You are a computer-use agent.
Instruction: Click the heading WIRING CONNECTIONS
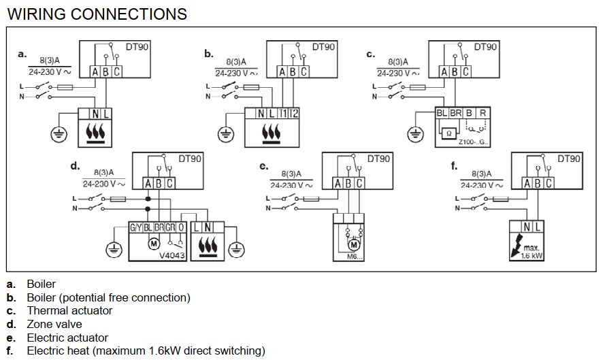(97, 14)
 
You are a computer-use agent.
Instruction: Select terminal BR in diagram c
(456, 113)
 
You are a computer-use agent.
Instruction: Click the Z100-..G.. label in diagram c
(474, 142)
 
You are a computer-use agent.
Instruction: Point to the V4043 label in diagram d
(171, 255)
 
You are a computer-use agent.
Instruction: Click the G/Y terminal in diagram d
(136, 228)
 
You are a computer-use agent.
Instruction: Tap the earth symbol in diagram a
(59, 135)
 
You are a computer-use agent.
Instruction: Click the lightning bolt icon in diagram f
(516, 245)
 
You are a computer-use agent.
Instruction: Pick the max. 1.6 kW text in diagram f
(532, 252)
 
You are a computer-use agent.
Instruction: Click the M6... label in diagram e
(355, 257)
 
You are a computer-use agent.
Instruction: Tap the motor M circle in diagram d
(154, 244)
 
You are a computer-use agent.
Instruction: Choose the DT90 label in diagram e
(378, 159)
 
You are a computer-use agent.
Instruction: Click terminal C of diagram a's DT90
(116, 71)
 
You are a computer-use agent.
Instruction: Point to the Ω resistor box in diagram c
(448, 133)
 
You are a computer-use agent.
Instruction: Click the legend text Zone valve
(54, 324)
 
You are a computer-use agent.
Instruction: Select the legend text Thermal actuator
(69, 310)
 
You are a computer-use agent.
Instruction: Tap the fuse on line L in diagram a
(65, 88)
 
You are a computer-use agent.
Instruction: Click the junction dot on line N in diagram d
(148, 209)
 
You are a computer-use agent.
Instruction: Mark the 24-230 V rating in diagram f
(482, 185)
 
